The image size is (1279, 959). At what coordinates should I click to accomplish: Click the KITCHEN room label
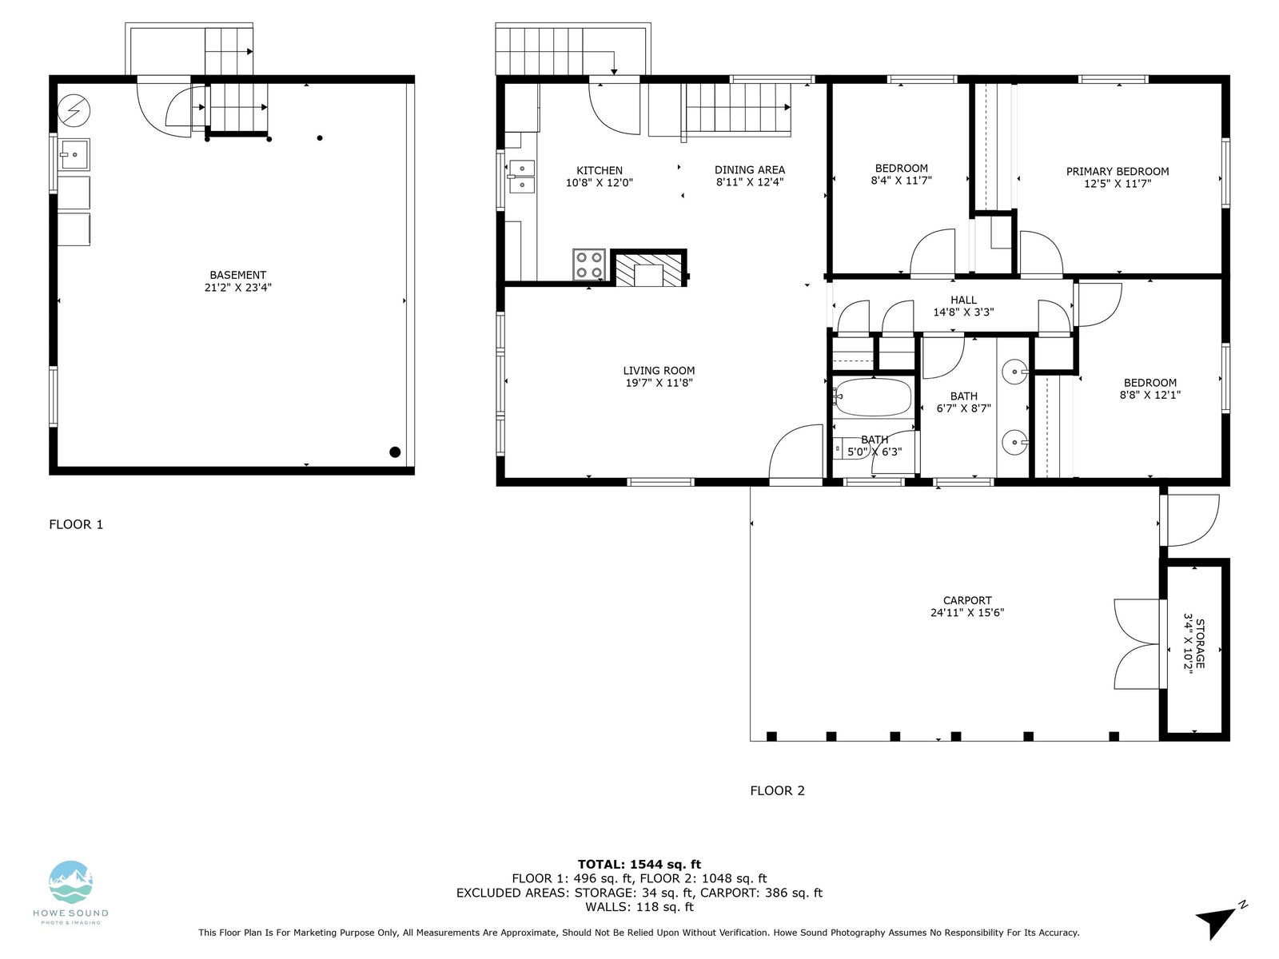coord(599,170)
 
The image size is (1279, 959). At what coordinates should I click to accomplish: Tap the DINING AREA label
coord(749,170)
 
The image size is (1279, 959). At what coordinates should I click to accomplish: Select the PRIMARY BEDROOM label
coord(1117,172)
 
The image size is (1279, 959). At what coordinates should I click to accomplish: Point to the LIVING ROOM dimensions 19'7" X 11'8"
coord(659,383)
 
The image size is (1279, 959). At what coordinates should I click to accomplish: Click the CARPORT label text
coord(966,600)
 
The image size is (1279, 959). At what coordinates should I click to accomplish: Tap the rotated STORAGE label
coord(1200,643)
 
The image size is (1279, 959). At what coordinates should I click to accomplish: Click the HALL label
coord(963,300)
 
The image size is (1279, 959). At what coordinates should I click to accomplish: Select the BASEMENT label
coord(237,275)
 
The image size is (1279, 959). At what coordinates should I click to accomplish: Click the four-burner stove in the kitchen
coord(588,265)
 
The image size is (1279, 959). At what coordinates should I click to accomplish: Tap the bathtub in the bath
coord(871,397)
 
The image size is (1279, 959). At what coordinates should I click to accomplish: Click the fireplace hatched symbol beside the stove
coord(648,269)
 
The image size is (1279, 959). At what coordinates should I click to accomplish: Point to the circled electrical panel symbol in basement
coord(74,110)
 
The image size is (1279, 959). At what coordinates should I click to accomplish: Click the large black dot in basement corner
coord(394,452)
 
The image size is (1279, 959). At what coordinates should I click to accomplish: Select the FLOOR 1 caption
coord(76,524)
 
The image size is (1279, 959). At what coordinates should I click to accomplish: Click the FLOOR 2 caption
coord(777,790)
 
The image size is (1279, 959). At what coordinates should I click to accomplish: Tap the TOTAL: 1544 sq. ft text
coord(639,865)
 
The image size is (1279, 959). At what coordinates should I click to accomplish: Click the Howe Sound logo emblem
coord(70,882)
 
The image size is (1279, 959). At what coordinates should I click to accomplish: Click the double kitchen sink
coord(521,177)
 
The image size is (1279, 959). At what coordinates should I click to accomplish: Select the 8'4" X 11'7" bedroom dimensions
coord(901,181)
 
